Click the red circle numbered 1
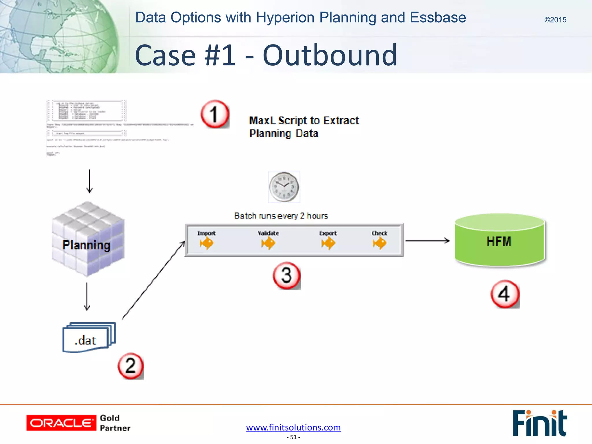[x=214, y=114]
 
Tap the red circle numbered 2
[x=131, y=366]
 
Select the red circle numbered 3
[x=286, y=275]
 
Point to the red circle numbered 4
[x=505, y=294]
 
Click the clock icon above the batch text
[x=284, y=187]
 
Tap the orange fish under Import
[x=206, y=243]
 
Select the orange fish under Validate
[x=268, y=243]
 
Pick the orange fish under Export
[x=328, y=243]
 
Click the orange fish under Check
[x=380, y=243]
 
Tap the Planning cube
[x=88, y=239]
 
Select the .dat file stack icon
[x=88, y=337]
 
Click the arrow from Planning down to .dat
[x=87, y=297]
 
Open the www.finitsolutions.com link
[x=293, y=427]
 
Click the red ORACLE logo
[x=61, y=423]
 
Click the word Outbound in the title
[x=330, y=55]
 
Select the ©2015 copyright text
[x=555, y=20]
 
